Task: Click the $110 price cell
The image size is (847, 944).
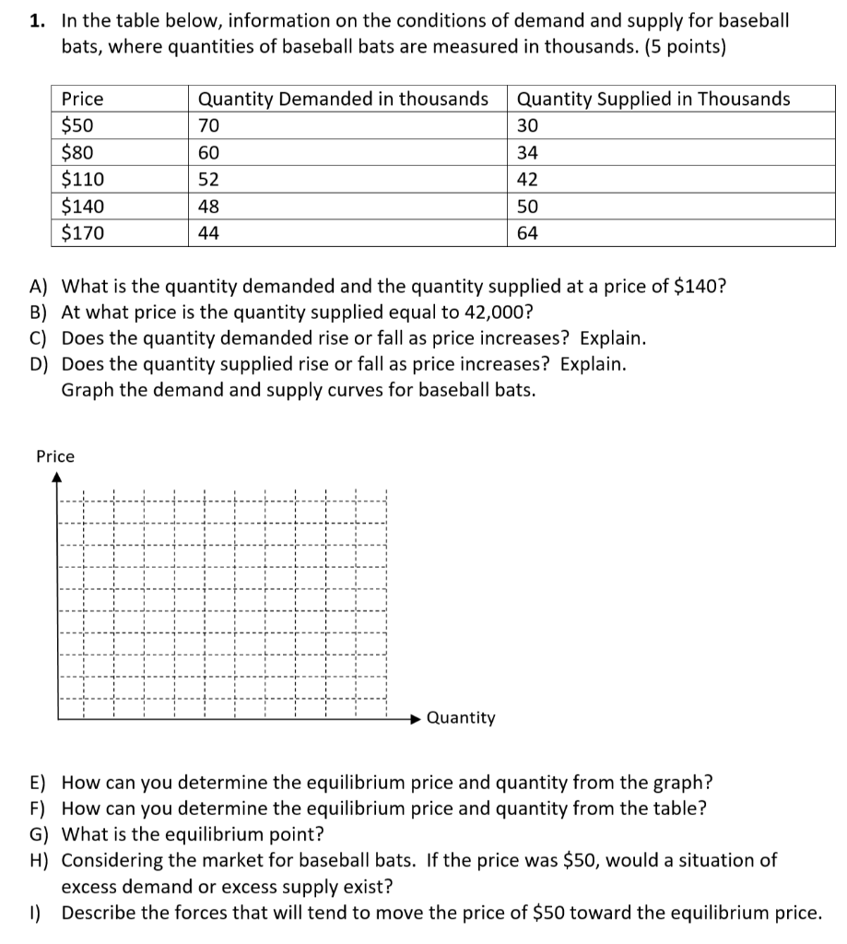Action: (x=82, y=180)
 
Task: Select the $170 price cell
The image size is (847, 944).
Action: (x=82, y=233)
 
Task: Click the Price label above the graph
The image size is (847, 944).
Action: (x=55, y=456)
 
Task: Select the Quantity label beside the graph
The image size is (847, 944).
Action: (x=462, y=717)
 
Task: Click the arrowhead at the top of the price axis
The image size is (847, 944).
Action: (x=57, y=478)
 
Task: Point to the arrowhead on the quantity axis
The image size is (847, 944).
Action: (x=416, y=717)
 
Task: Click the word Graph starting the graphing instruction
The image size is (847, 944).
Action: (x=87, y=389)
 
